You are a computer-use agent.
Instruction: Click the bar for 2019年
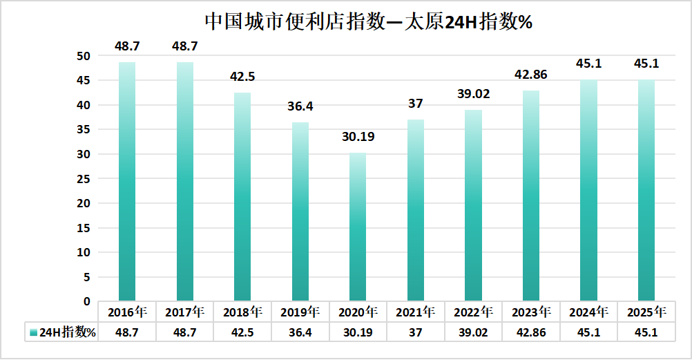[x=300, y=211]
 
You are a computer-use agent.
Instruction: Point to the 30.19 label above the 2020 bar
[x=358, y=137]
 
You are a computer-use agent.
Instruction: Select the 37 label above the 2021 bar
[x=416, y=104]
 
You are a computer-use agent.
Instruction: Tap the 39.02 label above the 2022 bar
[x=473, y=94]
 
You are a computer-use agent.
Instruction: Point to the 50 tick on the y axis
[x=84, y=56]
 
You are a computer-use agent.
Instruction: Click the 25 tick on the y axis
[x=84, y=179]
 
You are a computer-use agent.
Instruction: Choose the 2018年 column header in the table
[x=242, y=312]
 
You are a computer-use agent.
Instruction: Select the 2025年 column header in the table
[x=646, y=312]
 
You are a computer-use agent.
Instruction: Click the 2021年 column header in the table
[x=416, y=312]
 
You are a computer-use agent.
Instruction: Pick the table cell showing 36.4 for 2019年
[x=300, y=332]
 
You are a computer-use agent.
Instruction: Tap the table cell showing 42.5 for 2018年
[x=242, y=332]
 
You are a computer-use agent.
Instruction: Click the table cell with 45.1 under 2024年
[x=588, y=332]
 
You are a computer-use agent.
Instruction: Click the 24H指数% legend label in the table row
[x=67, y=332]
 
